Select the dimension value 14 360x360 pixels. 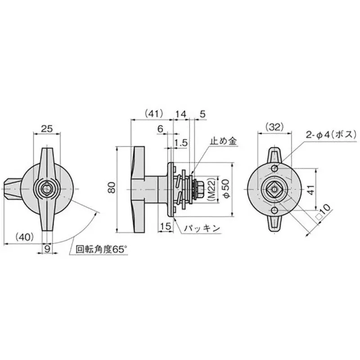[180, 114]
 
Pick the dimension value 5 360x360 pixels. [202, 114]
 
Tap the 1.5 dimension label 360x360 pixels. [181, 143]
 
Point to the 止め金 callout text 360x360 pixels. [224, 141]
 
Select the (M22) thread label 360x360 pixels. [213, 189]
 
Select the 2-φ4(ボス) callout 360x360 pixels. [331, 134]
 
